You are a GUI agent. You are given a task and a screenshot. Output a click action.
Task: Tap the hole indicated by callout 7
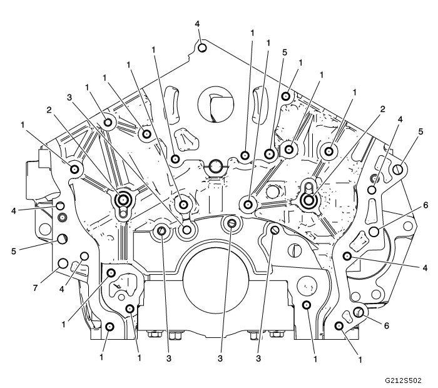click(x=63, y=262)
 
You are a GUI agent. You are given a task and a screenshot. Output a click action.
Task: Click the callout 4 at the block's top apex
click(x=198, y=24)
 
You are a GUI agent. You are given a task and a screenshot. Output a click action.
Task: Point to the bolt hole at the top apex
click(x=202, y=47)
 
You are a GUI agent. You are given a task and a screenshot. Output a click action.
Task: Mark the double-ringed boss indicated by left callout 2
click(x=123, y=200)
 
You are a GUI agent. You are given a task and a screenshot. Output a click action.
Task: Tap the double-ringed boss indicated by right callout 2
click(x=308, y=200)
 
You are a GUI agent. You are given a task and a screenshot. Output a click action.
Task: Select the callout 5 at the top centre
click(x=285, y=53)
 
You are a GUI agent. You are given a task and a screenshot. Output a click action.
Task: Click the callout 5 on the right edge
click(x=421, y=131)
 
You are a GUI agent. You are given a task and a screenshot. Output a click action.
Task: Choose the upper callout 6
click(x=425, y=205)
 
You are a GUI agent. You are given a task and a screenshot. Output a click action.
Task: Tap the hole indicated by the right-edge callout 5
click(x=397, y=168)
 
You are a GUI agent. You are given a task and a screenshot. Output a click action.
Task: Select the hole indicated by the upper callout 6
click(x=374, y=232)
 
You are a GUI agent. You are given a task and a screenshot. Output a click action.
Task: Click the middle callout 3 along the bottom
click(x=220, y=359)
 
